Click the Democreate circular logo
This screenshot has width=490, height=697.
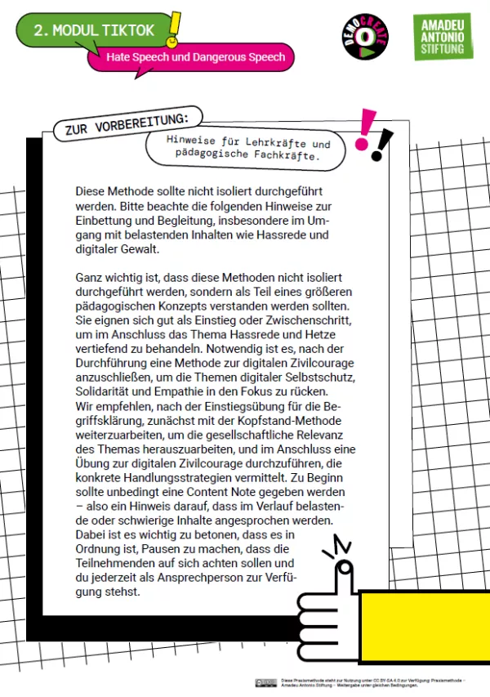point(364,36)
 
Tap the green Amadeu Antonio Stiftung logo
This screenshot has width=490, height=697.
point(443,37)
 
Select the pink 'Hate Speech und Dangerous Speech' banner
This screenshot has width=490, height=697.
point(195,57)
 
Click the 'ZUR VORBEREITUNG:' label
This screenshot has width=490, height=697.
point(121,123)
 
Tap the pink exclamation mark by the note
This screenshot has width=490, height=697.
point(365,129)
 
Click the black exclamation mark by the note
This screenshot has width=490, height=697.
point(381,145)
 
